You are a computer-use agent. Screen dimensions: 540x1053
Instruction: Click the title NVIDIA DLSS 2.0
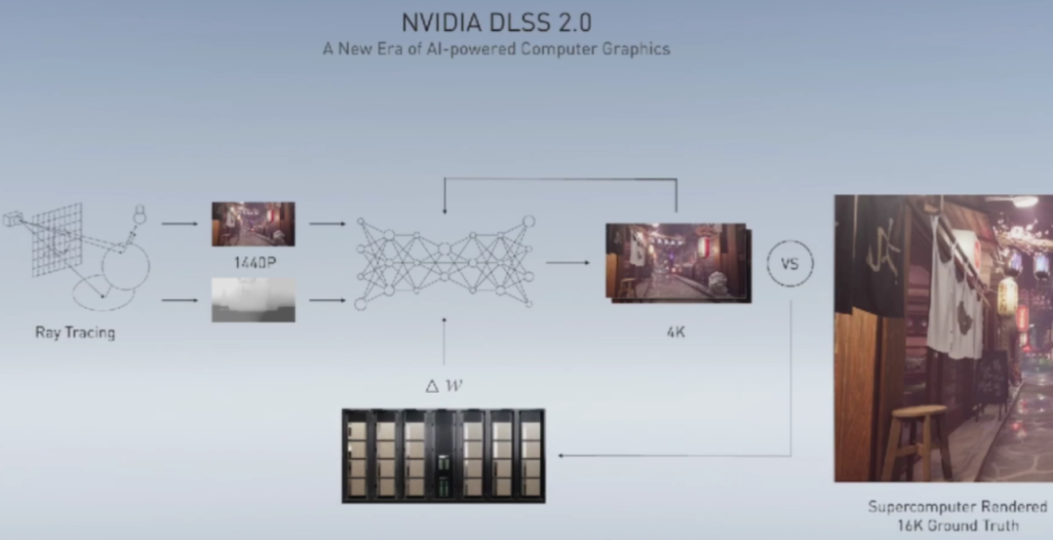coord(496,21)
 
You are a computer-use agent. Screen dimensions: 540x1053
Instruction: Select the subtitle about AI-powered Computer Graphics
coord(496,48)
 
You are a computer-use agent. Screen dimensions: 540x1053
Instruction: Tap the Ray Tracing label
coord(75,332)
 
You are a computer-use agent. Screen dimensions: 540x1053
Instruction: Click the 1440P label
coord(252,261)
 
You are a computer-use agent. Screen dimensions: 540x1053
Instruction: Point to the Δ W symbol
coord(444,385)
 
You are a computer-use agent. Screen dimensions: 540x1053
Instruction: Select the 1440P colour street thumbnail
coord(252,224)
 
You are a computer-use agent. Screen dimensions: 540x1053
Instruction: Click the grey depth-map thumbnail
coord(252,299)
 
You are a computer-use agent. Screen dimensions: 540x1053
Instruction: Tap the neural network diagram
coord(445,262)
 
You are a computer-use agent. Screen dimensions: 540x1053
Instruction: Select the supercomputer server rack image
coord(444,454)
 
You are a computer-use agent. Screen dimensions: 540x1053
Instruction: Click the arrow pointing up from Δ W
coord(444,341)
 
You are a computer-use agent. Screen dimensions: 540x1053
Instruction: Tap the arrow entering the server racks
coord(575,455)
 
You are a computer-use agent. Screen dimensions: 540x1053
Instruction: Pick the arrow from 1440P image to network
coord(327,224)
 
